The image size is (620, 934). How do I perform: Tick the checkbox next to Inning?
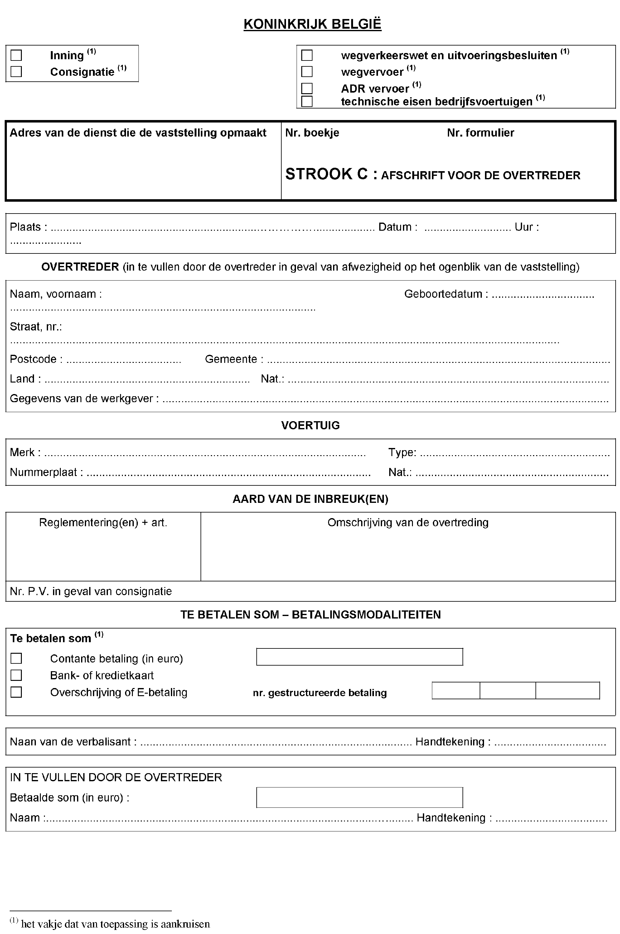coord(16,55)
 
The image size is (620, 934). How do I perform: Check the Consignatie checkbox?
coord(16,71)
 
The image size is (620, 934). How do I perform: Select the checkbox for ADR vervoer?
coord(307,88)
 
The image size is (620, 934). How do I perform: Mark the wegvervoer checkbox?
coord(307,71)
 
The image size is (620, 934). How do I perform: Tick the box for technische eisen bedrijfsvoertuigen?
coord(307,102)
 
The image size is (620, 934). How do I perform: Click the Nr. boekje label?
coord(312,133)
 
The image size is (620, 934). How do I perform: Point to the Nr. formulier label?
coord(480,133)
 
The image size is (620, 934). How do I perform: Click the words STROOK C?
coord(327,174)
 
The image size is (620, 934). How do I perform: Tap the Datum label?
coord(397,227)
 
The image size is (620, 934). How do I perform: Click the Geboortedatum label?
coord(446,294)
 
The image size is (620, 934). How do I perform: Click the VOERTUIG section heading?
coord(310,426)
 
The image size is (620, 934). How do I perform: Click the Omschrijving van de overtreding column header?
coord(408,523)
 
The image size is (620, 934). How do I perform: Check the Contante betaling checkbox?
coord(16,658)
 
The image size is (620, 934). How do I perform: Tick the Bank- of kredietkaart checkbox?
coord(16,675)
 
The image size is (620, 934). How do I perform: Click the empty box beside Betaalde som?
coord(359,798)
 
